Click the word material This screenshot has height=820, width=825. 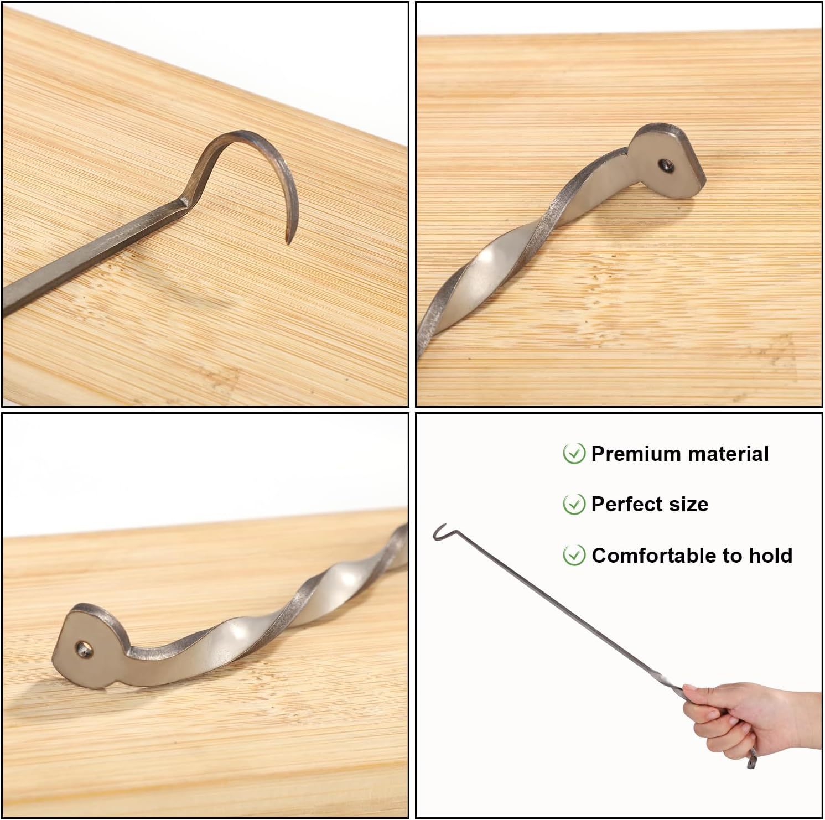(725, 454)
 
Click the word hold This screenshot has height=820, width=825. (770, 555)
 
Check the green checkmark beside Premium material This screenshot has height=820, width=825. (574, 454)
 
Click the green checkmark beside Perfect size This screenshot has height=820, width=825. (574, 504)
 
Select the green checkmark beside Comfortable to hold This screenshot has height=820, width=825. (574, 555)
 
